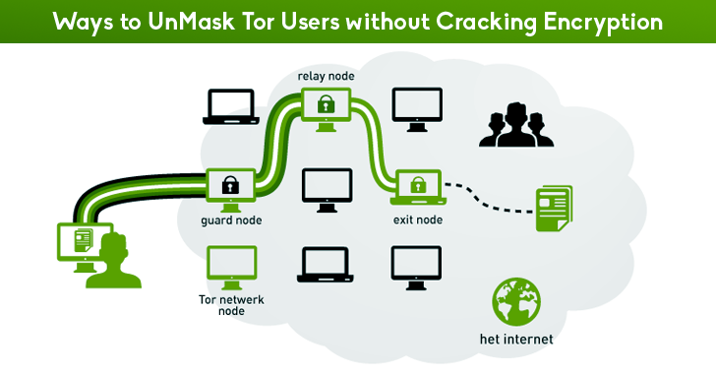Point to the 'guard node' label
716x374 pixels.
coord(231,222)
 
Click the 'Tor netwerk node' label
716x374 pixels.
coord(231,304)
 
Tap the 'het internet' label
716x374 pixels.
coord(516,341)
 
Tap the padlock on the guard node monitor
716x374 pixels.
coord(231,184)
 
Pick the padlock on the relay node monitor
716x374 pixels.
coord(324,101)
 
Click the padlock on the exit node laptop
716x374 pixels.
coord(417,183)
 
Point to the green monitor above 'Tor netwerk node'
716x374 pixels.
coord(232,264)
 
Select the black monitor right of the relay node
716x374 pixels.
coord(416,105)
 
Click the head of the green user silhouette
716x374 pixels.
coord(110,245)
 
